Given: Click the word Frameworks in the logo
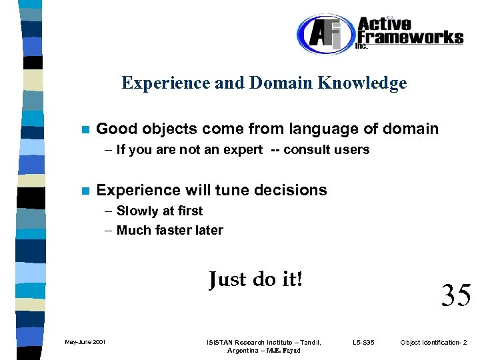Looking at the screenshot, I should [x=409, y=36].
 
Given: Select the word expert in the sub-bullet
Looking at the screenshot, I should [x=243, y=150].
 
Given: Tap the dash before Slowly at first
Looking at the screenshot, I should [x=109, y=211].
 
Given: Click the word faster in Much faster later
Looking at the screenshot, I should [x=174, y=231].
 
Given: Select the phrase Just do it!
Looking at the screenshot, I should [x=255, y=279].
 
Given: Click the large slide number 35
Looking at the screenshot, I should [x=456, y=295].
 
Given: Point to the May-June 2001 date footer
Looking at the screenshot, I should [x=84, y=343].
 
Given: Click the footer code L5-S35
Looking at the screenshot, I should [x=363, y=343].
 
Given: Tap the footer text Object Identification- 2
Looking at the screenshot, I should [x=434, y=343].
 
